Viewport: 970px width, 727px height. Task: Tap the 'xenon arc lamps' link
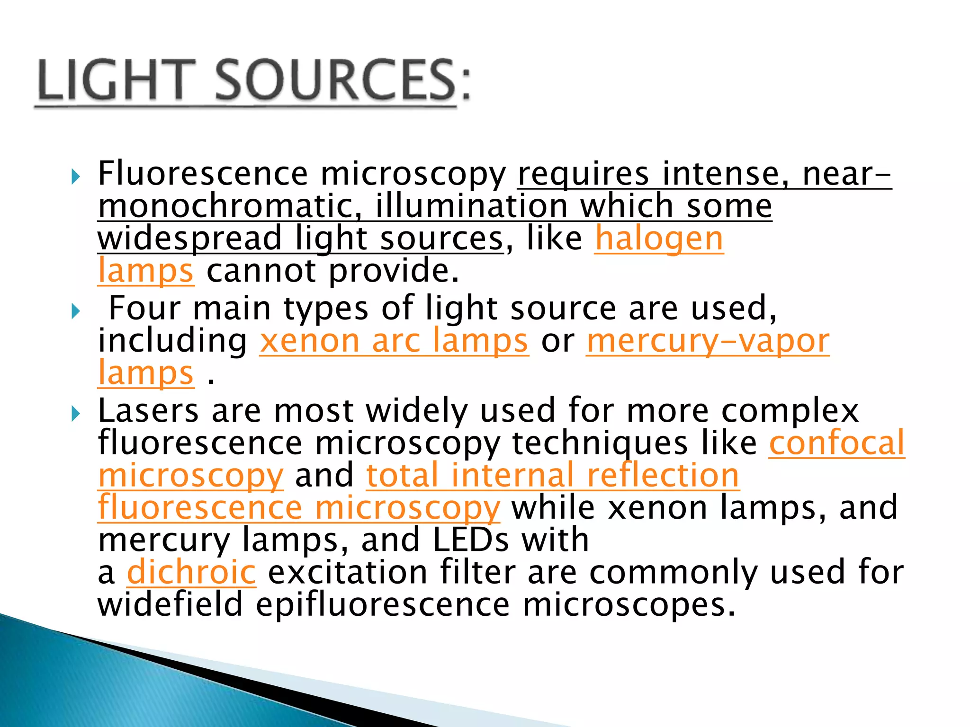pos(394,341)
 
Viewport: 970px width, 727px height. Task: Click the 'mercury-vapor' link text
pos(708,341)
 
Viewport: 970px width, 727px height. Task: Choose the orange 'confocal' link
pos(836,443)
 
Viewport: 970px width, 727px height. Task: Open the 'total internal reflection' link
pos(552,475)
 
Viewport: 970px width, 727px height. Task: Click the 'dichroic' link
pos(191,572)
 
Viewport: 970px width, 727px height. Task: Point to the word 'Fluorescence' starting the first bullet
pos(203,173)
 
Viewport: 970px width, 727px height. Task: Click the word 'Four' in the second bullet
pos(144,308)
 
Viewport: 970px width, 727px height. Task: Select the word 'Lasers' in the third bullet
pos(148,410)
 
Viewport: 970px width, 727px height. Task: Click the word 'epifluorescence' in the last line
pos(383,604)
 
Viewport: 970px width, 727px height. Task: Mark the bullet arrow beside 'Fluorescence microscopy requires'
pos(75,177)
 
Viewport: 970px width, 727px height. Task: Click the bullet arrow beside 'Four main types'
pos(75,311)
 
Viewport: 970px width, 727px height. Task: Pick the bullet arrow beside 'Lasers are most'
pos(75,414)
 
